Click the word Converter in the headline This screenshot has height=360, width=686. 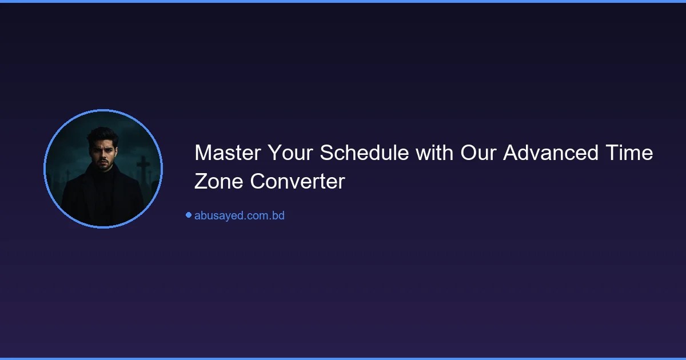297,181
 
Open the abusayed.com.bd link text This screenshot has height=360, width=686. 239,215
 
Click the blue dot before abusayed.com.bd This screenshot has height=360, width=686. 188,215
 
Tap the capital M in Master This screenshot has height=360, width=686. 202,153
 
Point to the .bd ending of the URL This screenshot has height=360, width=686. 277,215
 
